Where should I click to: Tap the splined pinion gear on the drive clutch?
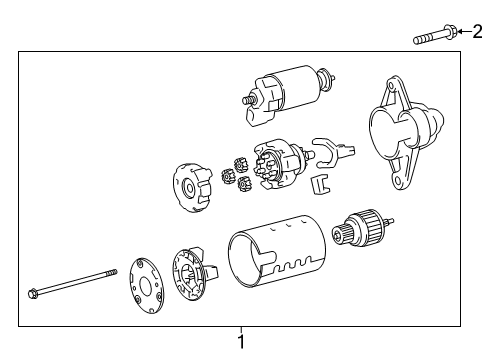(x=350, y=239)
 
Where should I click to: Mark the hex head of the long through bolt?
(x=34, y=294)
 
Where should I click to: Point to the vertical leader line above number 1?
(x=240, y=333)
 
